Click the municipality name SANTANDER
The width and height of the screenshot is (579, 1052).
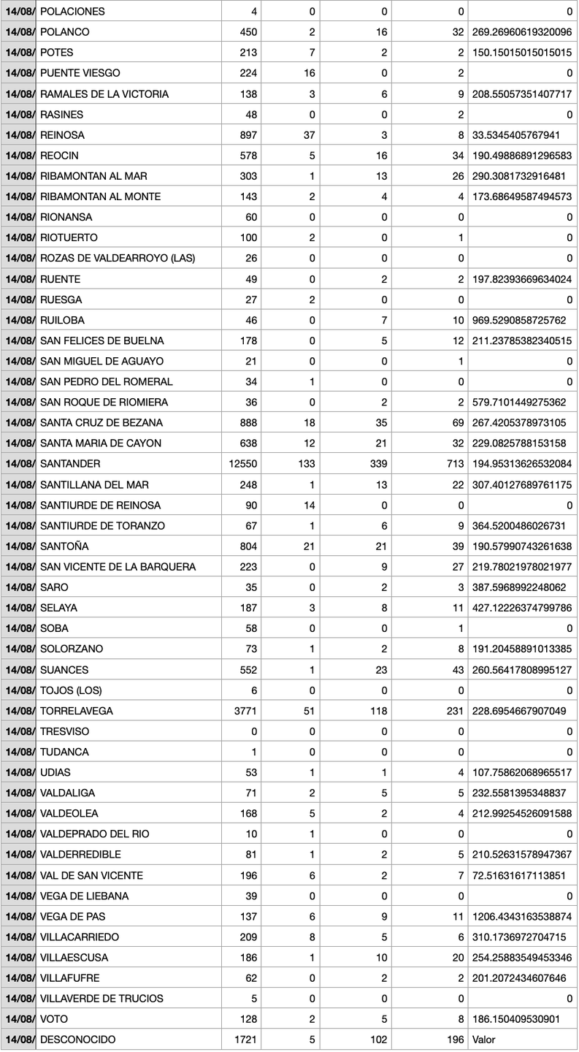point(70,464)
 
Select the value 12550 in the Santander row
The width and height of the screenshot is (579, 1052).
point(242,464)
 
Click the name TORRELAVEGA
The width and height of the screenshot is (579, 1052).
point(77,711)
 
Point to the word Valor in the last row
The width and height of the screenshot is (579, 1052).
point(485,1040)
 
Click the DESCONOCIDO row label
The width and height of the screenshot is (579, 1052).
point(77,1040)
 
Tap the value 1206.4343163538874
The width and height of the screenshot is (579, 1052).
point(522,916)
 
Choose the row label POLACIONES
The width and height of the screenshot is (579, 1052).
point(72,12)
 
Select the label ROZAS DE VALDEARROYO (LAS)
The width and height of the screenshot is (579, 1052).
point(118,259)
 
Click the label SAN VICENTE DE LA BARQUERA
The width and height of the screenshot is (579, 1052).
point(118,567)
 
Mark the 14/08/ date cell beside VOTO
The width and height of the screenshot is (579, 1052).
point(18,1019)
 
